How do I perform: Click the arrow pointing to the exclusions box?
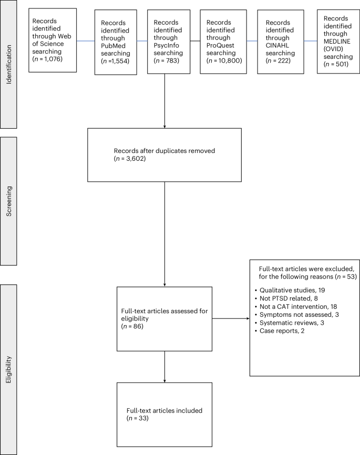231,318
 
